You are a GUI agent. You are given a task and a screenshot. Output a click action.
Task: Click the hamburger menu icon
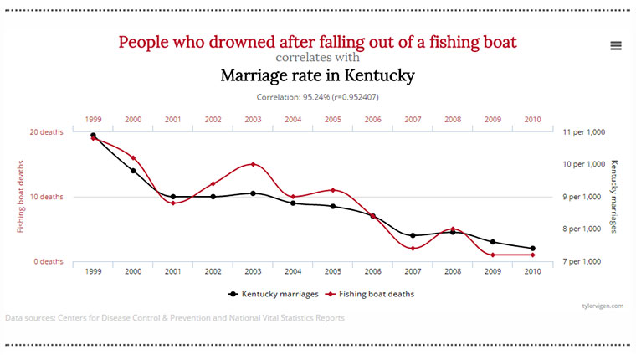point(616,46)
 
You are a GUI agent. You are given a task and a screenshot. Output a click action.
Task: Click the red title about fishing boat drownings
point(317,41)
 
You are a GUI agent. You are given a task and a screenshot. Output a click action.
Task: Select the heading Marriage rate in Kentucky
point(317,76)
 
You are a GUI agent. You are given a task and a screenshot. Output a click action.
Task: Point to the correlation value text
point(317,97)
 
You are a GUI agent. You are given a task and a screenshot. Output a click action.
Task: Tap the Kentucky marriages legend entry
point(273,294)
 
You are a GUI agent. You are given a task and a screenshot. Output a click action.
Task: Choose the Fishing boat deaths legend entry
point(372,294)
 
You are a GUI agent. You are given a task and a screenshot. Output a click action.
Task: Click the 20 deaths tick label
point(47,132)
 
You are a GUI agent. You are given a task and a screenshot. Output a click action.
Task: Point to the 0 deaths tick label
point(49,261)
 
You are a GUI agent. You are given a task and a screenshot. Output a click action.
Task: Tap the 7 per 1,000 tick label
point(583,261)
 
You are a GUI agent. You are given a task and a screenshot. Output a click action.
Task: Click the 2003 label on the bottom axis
point(254,272)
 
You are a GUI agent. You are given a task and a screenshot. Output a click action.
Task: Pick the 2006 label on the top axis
point(373,120)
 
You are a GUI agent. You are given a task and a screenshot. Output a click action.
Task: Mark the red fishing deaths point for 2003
point(254,164)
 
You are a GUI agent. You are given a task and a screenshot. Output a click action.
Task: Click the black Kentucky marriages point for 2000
point(133,171)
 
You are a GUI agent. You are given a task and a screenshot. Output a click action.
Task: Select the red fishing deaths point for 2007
point(413,248)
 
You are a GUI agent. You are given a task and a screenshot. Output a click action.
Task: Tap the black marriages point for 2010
point(533,249)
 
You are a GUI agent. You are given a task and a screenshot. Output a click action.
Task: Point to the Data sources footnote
point(174,318)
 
